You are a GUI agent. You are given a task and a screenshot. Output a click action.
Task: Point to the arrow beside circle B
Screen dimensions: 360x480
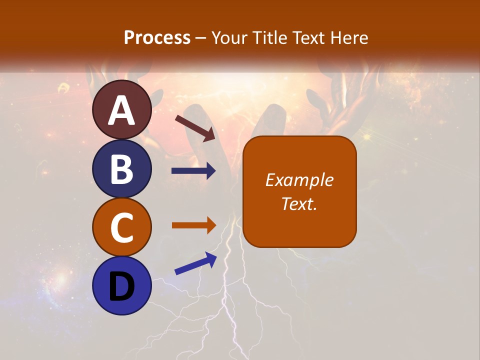(193, 171)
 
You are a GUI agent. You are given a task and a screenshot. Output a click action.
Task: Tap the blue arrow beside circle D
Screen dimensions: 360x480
(195, 263)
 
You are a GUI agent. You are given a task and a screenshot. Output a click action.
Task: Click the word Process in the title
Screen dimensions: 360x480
(157, 37)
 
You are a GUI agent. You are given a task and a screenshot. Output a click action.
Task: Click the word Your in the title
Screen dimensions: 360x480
(229, 37)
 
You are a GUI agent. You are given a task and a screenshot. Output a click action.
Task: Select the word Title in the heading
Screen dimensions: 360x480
(270, 37)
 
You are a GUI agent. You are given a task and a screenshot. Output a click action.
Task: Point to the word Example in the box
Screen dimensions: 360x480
(299, 180)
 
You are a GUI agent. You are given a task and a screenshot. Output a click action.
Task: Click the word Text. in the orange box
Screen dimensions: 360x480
(299, 203)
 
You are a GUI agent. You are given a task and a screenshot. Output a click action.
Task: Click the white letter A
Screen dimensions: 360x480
(122, 110)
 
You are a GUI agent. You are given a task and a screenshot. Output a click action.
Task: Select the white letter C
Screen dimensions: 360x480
(122, 227)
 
